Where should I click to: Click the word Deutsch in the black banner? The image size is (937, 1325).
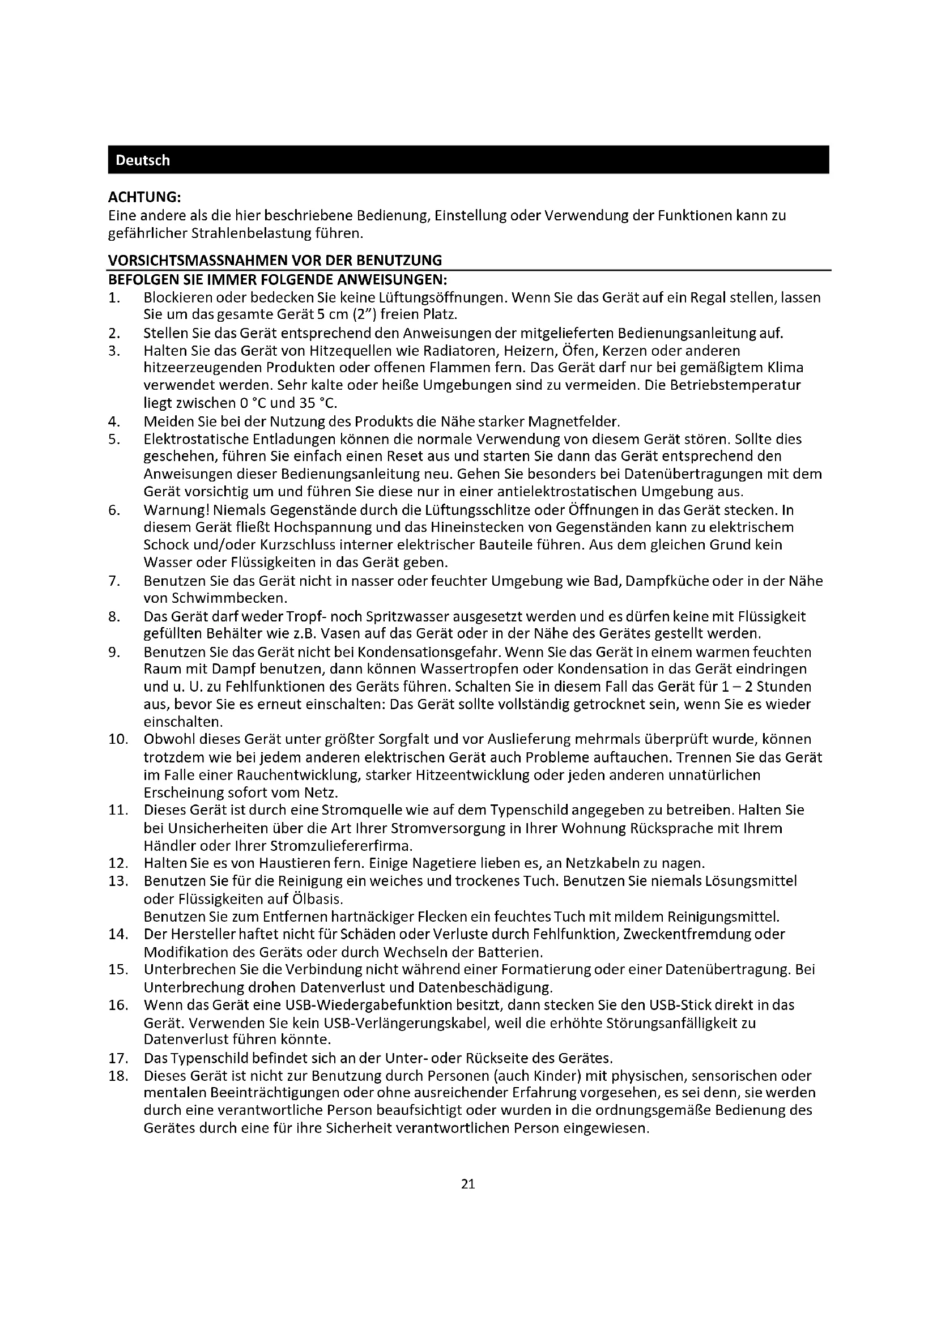(143, 160)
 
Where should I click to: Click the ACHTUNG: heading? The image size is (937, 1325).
(145, 197)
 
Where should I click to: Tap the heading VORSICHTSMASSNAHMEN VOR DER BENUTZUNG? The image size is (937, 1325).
(275, 259)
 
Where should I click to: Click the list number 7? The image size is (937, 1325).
(114, 581)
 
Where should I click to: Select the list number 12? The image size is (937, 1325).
(117, 863)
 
